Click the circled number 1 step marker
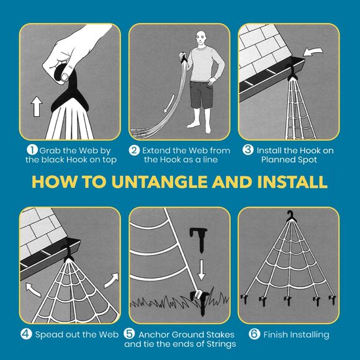coord(32,150)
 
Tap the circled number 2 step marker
coord(134,150)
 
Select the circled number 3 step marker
coord(248,150)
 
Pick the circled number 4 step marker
coord(26,334)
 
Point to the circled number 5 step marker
coord(129,333)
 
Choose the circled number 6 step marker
coord(254,334)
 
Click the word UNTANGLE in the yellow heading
coord(160,182)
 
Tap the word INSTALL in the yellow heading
coord(292,182)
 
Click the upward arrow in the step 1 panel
coord(37,106)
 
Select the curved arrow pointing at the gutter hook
coord(313,52)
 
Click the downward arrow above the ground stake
coord(201,270)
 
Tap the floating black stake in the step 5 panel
coord(199,239)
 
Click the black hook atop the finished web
coord(290,216)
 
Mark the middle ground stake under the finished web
coord(287,300)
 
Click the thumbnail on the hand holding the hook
coord(65,77)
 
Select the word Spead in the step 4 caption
coord(48,335)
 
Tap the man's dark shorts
coord(201,94)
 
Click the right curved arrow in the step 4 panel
coord(112,280)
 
